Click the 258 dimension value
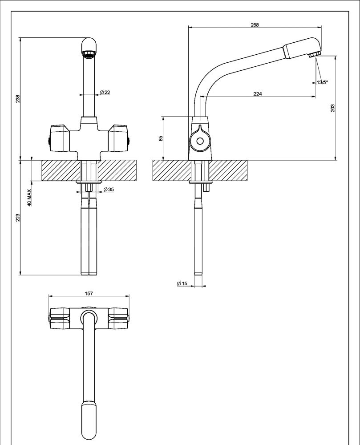point(255,25)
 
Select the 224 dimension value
point(257,93)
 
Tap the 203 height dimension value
point(332,108)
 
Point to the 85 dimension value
point(161,138)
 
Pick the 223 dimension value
point(18,218)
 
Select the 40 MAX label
point(29,197)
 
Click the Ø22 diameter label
point(105,92)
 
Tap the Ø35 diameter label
point(108,190)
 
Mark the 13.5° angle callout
point(322,82)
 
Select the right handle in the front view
point(119,138)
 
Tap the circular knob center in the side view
point(200,142)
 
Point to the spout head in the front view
point(89,47)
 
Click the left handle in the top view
point(59,318)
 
